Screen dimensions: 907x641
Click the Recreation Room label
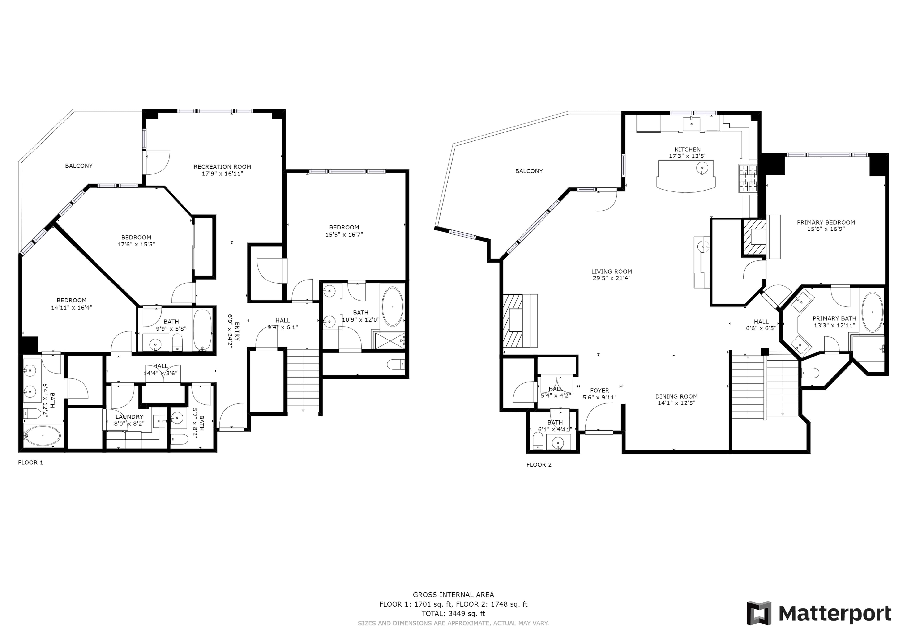pyautogui.click(x=222, y=167)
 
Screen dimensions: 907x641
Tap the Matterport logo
pyautogui.click(x=819, y=613)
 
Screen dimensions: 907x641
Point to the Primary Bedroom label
pyautogui.click(x=826, y=222)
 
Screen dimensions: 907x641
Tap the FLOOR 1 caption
pyautogui.click(x=30, y=463)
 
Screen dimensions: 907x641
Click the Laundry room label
pyautogui.click(x=129, y=417)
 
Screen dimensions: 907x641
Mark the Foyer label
pyautogui.click(x=600, y=390)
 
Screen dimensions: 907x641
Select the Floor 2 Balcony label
pyautogui.click(x=529, y=171)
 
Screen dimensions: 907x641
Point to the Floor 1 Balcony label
pyautogui.click(x=79, y=166)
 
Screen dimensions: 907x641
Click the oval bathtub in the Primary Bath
pyautogui.click(x=872, y=312)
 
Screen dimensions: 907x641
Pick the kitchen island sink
pyautogui.click(x=702, y=168)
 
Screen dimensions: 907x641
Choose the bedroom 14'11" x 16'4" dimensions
pyautogui.click(x=72, y=307)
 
